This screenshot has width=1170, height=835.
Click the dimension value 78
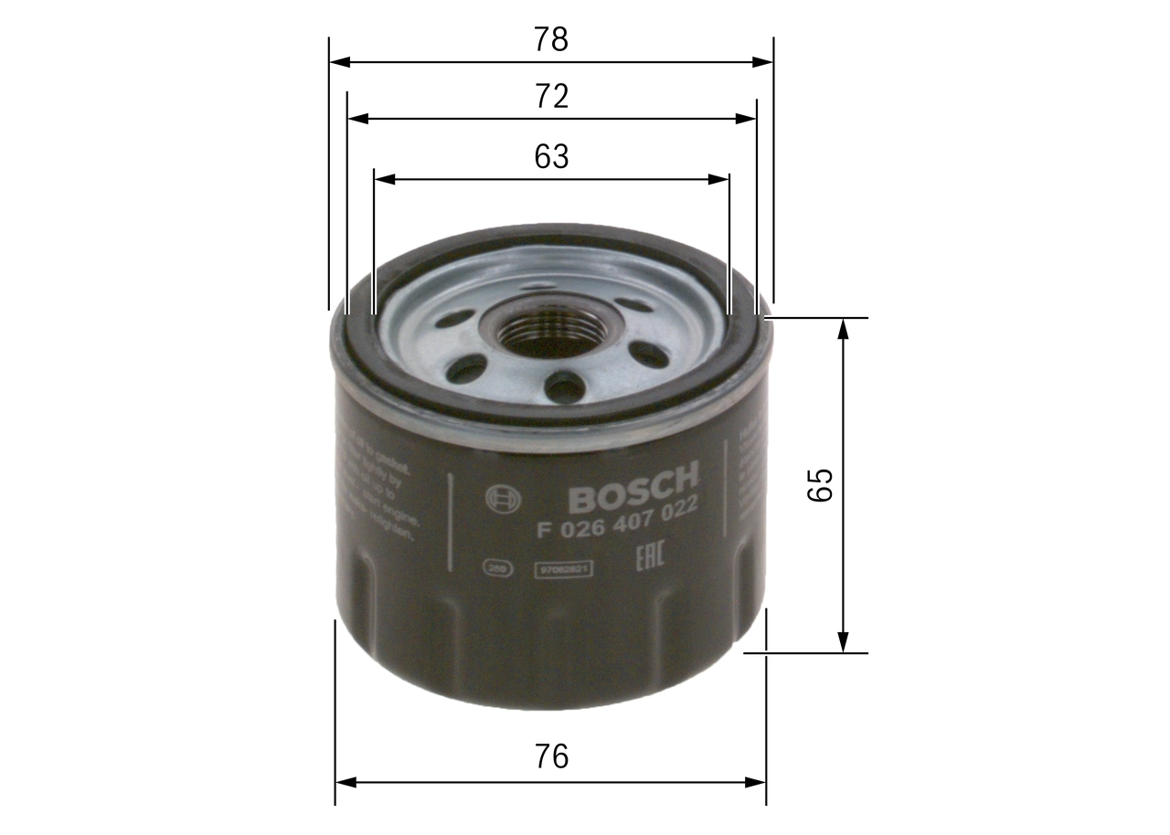[551, 39]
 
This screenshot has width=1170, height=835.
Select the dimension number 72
[551, 96]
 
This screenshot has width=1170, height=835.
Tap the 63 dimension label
[551, 157]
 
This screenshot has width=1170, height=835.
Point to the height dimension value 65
[820, 484]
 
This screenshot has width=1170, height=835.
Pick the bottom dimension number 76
[551, 756]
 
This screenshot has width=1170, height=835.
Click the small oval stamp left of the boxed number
[497, 569]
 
